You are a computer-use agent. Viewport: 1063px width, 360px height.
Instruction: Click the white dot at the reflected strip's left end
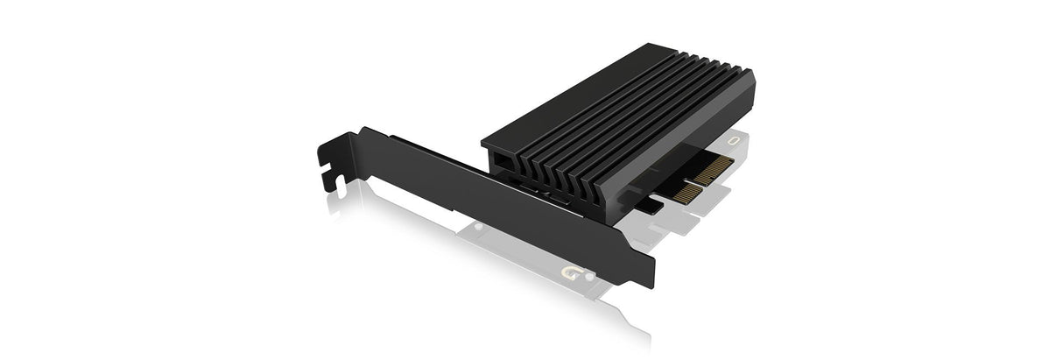(478, 226)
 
